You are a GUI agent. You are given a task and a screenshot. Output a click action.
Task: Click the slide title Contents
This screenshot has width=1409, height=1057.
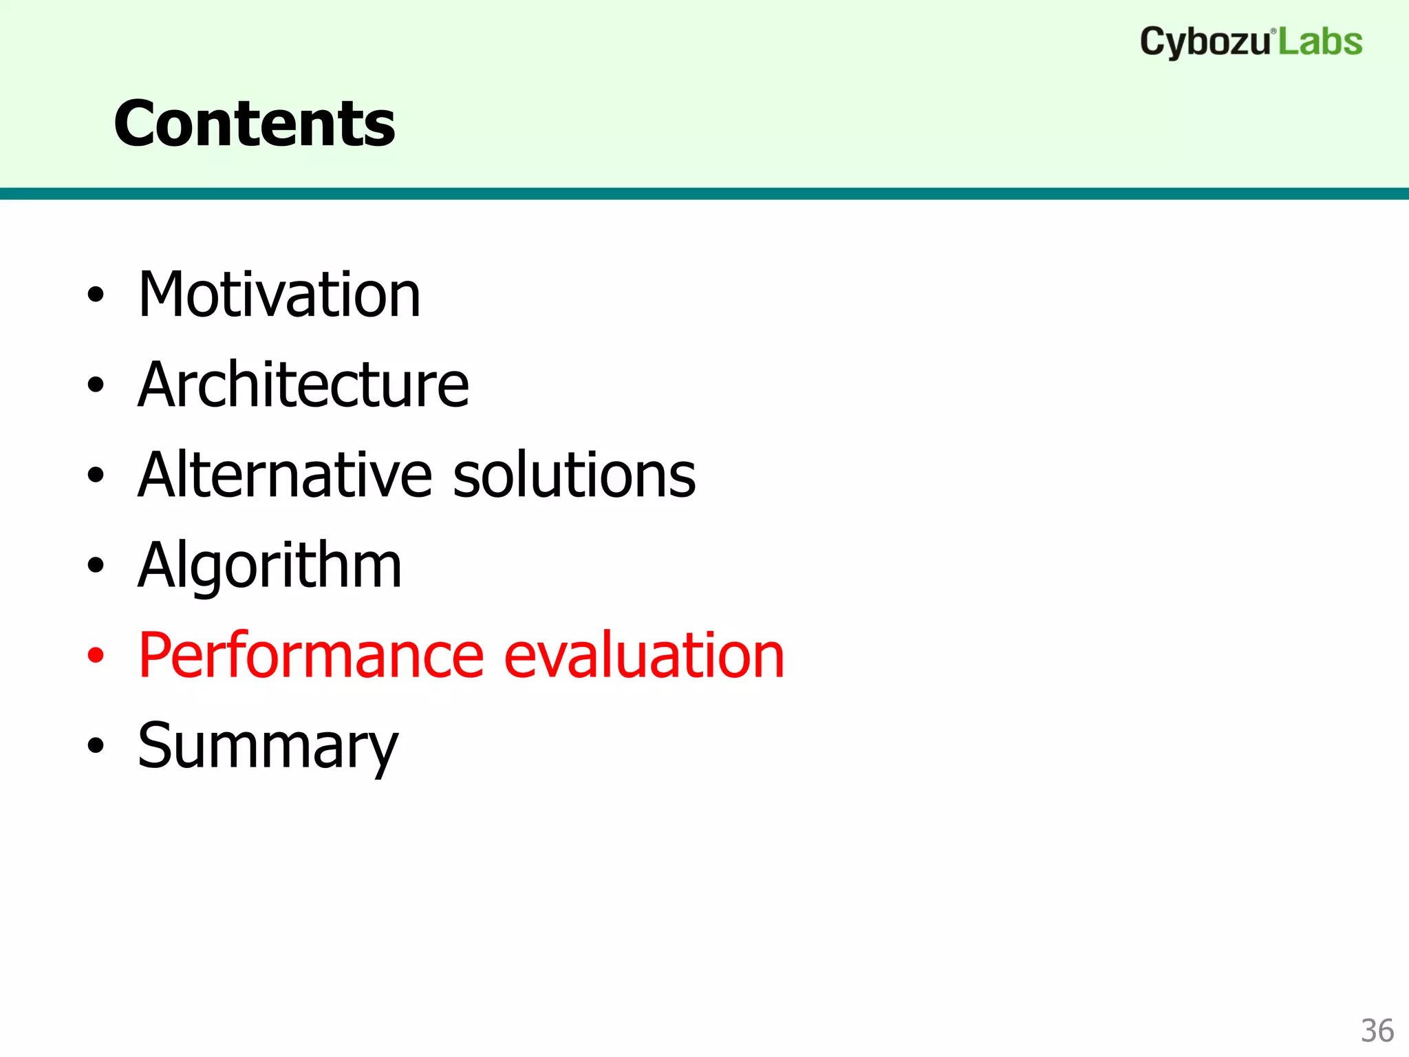point(255,124)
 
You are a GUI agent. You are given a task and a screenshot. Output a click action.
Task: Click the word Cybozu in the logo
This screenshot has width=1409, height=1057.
point(1205,43)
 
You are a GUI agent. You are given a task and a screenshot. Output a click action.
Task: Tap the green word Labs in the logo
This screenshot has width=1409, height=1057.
point(1320,42)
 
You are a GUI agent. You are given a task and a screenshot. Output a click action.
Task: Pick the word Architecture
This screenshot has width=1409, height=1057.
point(303,385)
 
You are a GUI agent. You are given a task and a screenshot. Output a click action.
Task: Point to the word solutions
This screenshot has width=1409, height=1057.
point(574,475)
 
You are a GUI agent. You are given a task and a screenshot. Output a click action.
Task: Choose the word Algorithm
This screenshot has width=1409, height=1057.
point(270,566)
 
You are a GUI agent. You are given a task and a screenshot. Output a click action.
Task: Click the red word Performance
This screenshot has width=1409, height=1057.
point(311,656)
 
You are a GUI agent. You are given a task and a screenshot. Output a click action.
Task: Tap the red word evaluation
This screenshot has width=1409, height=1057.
point(644,656)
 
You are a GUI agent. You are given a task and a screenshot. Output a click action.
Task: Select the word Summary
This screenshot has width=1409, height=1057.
point(268,747)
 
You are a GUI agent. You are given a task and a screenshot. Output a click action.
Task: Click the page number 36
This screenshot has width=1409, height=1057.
point(1377,1031)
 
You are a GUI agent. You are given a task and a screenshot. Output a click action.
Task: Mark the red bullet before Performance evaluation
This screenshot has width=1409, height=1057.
point(96,656)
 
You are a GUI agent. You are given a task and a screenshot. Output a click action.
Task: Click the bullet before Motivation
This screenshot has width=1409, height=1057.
point(96,295)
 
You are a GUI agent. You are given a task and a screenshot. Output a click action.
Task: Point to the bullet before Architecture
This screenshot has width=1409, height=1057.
point(96,385)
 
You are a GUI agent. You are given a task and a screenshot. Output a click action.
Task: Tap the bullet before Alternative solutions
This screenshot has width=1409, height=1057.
point(96,476)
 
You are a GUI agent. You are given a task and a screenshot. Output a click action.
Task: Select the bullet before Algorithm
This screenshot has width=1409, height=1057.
point(96,566)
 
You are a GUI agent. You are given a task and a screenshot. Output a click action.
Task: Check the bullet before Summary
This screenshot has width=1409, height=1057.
point(96,746)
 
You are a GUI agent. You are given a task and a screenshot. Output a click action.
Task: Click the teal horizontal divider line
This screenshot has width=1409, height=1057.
point(704,193)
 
